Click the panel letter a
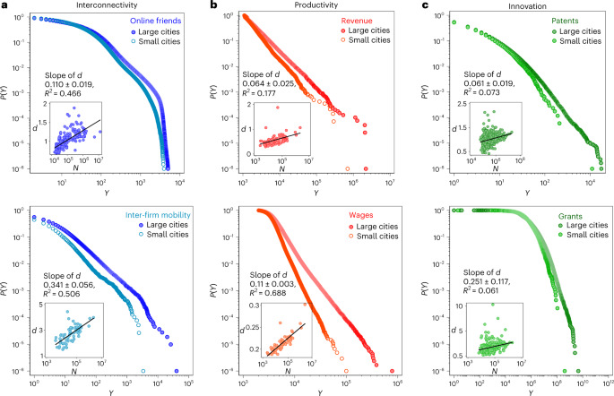[x=4, y=5]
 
